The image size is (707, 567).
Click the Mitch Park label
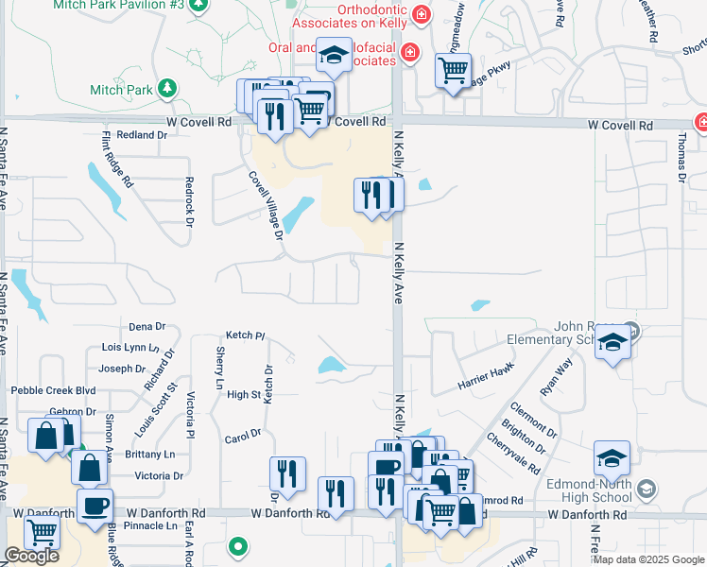(120, 90)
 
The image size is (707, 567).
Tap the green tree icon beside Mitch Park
(168, 89)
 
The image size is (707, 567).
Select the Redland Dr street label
(142, 135)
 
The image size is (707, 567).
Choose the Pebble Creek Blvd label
(54, 390)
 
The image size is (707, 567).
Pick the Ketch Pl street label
(246, 335)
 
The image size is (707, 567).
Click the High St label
(244, 395)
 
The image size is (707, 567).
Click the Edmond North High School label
(589, 490)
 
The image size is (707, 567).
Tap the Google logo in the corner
(31, 556)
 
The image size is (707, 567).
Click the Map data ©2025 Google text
(648, 559)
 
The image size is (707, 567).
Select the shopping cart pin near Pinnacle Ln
(42, 532)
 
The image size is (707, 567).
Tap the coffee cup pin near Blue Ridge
(95, 505)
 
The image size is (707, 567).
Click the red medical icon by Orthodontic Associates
(422, 14)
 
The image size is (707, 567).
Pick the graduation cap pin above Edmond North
(612, 457)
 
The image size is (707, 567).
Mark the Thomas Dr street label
(681, 154)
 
